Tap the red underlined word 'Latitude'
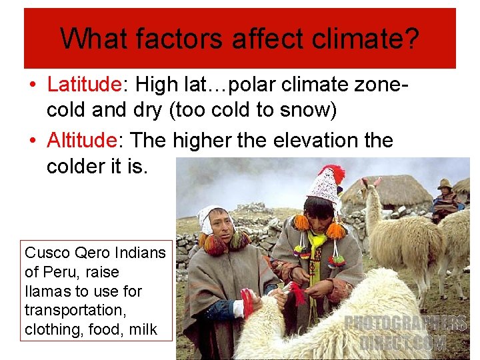click(84, 85)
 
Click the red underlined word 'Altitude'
click(81, 141)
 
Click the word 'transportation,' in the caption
click(67, 310)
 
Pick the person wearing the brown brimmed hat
click(445, 193)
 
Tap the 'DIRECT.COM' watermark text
click(404, 343)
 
